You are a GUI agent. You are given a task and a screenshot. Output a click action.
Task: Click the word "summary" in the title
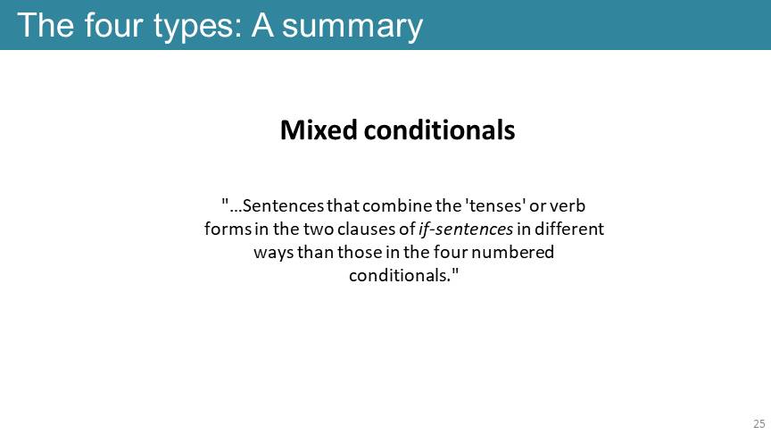[x=352, y=26]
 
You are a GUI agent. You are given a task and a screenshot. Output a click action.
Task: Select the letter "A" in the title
[x=262, y=25]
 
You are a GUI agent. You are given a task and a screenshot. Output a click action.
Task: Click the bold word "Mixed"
[x=319, y=129]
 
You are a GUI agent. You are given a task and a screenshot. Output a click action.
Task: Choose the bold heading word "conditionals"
[x=440, y=129]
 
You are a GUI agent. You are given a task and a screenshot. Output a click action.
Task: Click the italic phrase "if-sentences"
[x=466, y=229]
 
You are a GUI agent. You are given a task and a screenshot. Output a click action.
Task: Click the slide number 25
[x=759, y=423]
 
